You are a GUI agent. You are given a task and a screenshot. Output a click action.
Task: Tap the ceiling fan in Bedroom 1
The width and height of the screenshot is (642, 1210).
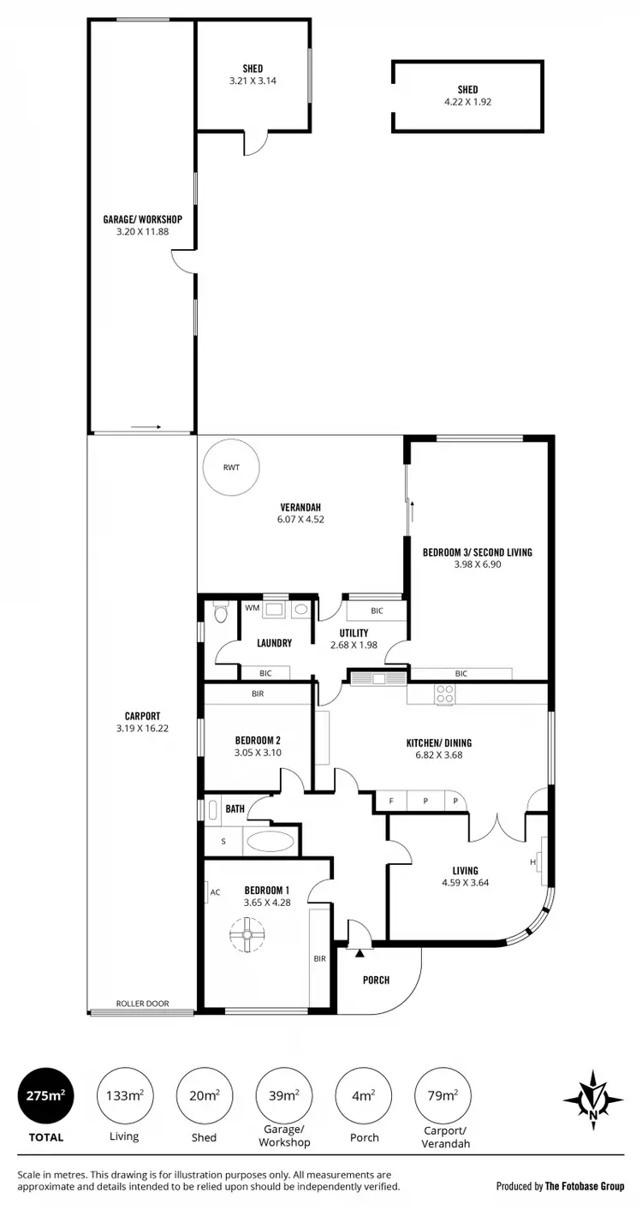(x=246, y=935)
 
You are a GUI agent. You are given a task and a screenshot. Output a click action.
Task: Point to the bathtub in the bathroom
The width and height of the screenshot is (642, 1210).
(x=270, y=841)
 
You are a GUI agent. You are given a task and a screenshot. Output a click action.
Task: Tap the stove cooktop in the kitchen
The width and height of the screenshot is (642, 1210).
(x=445, y=694)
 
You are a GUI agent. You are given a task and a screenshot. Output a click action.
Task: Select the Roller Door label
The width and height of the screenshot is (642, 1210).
(x=143, y=1004)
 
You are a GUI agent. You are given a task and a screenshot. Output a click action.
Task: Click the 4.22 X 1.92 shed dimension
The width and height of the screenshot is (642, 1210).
(x=467, y=101)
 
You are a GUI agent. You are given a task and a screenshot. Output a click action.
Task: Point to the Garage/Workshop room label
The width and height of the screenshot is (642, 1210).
(x=142, y=219)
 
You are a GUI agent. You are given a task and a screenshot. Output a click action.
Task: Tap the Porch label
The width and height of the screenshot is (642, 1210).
(x=376, y=981)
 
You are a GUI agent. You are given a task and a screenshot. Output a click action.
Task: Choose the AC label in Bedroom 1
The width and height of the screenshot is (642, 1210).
(x=215, y=892)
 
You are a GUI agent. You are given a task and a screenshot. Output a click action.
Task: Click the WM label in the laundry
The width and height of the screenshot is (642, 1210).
(x=252, y=608)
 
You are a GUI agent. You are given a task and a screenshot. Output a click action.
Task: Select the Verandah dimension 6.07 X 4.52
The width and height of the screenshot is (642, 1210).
(x=300, y=519)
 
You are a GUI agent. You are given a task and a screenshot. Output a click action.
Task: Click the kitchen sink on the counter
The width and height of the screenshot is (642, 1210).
(x=378, y=678)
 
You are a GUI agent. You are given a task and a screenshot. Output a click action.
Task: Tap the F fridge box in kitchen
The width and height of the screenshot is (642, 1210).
(x=391, y=802)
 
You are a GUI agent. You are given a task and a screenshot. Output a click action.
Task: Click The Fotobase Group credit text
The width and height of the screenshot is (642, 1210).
(x=584, y=1186)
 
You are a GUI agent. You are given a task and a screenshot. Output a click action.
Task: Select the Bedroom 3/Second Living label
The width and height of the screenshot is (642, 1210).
(x=477, y=552)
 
